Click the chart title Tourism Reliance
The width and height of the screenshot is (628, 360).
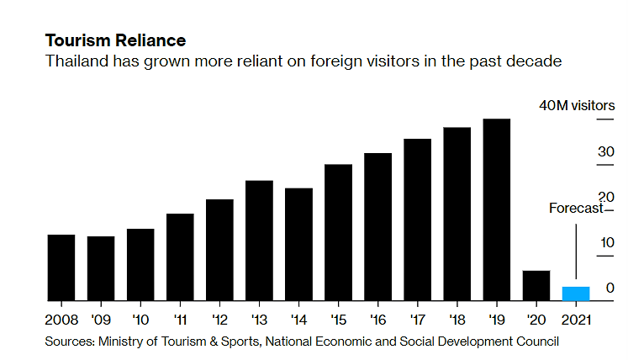115,40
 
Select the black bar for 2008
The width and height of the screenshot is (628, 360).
61,267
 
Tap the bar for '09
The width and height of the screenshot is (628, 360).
101,267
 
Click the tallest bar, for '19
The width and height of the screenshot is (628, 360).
497,209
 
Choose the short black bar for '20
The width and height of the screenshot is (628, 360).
536,285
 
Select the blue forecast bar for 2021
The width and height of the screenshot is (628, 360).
576,293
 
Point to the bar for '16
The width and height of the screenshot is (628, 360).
378,226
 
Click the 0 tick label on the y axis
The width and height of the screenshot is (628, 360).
610,288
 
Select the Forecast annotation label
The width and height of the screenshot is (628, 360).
576,209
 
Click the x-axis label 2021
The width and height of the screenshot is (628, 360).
576,320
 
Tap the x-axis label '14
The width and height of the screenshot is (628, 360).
298,320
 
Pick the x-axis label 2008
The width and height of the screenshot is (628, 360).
61,320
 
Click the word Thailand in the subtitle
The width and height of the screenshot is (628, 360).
75,61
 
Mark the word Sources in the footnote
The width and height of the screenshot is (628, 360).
70,341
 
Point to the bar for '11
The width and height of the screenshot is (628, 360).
180,257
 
